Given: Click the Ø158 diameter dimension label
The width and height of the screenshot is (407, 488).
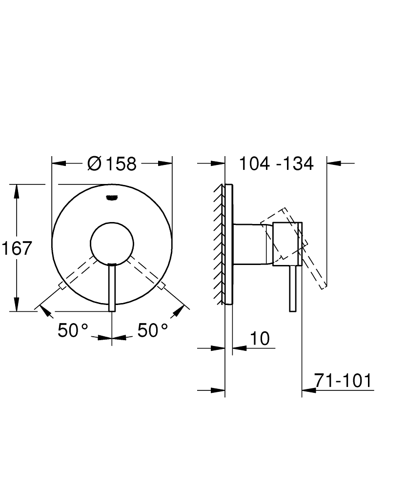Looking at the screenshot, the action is pos(112,163).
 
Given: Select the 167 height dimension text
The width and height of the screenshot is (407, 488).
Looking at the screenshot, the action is pos(17,248).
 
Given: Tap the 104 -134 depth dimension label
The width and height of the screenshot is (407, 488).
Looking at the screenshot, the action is pos(276,163).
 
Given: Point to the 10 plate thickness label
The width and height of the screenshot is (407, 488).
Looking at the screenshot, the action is pos(260,338).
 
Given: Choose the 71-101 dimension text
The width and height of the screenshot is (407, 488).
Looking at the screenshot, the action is pos(343,380).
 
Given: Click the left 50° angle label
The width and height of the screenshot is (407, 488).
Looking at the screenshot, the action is pos(73,330).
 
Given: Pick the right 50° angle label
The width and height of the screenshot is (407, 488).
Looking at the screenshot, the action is pos(153,330).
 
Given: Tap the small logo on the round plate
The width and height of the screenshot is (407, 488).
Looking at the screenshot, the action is pos(112,197).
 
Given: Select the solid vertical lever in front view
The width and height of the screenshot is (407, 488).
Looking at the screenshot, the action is pos(112,287).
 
